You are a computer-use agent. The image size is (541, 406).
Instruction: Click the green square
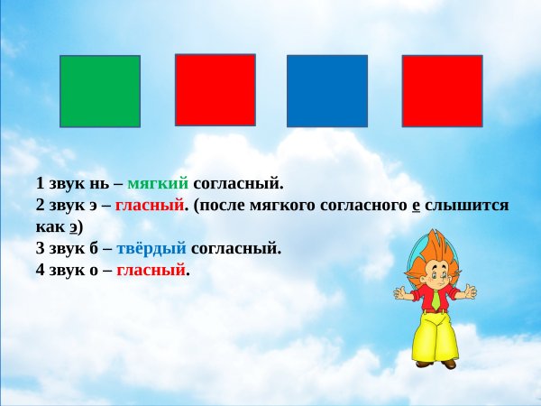(x=99, y=91)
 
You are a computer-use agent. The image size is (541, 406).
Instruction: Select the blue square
(x=326, y=91)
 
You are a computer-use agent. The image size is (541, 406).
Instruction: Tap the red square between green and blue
(x=215, y=89)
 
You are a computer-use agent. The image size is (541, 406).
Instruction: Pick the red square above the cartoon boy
(x=442, y=91)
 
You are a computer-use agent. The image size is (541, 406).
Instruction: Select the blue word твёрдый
(x=151, y=248)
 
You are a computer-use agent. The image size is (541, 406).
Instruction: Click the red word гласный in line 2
(x=149, y=205)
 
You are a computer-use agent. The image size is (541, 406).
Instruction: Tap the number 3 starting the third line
(x=41, y=248)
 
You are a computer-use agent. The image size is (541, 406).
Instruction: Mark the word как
(x=51, y=226)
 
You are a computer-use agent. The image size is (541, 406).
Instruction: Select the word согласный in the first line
(x=238, y=183)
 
